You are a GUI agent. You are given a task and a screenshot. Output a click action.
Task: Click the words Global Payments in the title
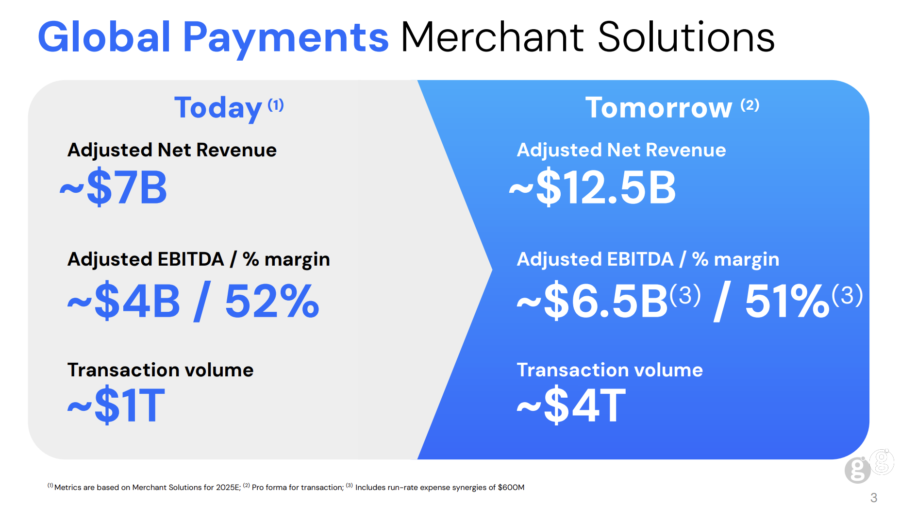tap(213, 38)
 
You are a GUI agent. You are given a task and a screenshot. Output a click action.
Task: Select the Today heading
tap(218, 108)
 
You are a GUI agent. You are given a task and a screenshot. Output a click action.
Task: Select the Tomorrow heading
tap(659, 107)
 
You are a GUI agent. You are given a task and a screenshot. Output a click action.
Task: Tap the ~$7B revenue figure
tap(113, 187)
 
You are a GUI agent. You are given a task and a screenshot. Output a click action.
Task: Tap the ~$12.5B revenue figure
tap(592, 187)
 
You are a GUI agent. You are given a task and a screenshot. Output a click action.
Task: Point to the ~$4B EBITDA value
tap(124, 302)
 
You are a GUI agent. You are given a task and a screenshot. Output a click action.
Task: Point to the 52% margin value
tap(272, 301)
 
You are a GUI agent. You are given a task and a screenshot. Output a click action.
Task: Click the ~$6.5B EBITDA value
tap(592, 302)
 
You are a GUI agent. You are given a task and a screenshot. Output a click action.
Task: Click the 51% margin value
tap(787, 301)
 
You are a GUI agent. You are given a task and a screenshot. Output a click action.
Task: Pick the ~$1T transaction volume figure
tap(116, 405)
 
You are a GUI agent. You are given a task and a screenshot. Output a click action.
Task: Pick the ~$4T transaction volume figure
tap(571, 405)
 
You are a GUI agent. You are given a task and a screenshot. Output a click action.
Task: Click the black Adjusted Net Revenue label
tap(172, 150)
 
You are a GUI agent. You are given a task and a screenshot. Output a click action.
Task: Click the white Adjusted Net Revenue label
tap(621, 150)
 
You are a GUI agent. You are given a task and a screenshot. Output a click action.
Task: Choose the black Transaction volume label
tap(160, 370)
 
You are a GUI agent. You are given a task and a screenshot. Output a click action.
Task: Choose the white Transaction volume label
tap(610, 370)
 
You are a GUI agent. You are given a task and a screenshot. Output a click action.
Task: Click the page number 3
tap(874, 498)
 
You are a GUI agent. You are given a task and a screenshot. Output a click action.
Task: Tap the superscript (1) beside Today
tap(276, 105)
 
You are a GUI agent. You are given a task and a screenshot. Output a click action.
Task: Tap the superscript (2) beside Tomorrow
tap(750, 105)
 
